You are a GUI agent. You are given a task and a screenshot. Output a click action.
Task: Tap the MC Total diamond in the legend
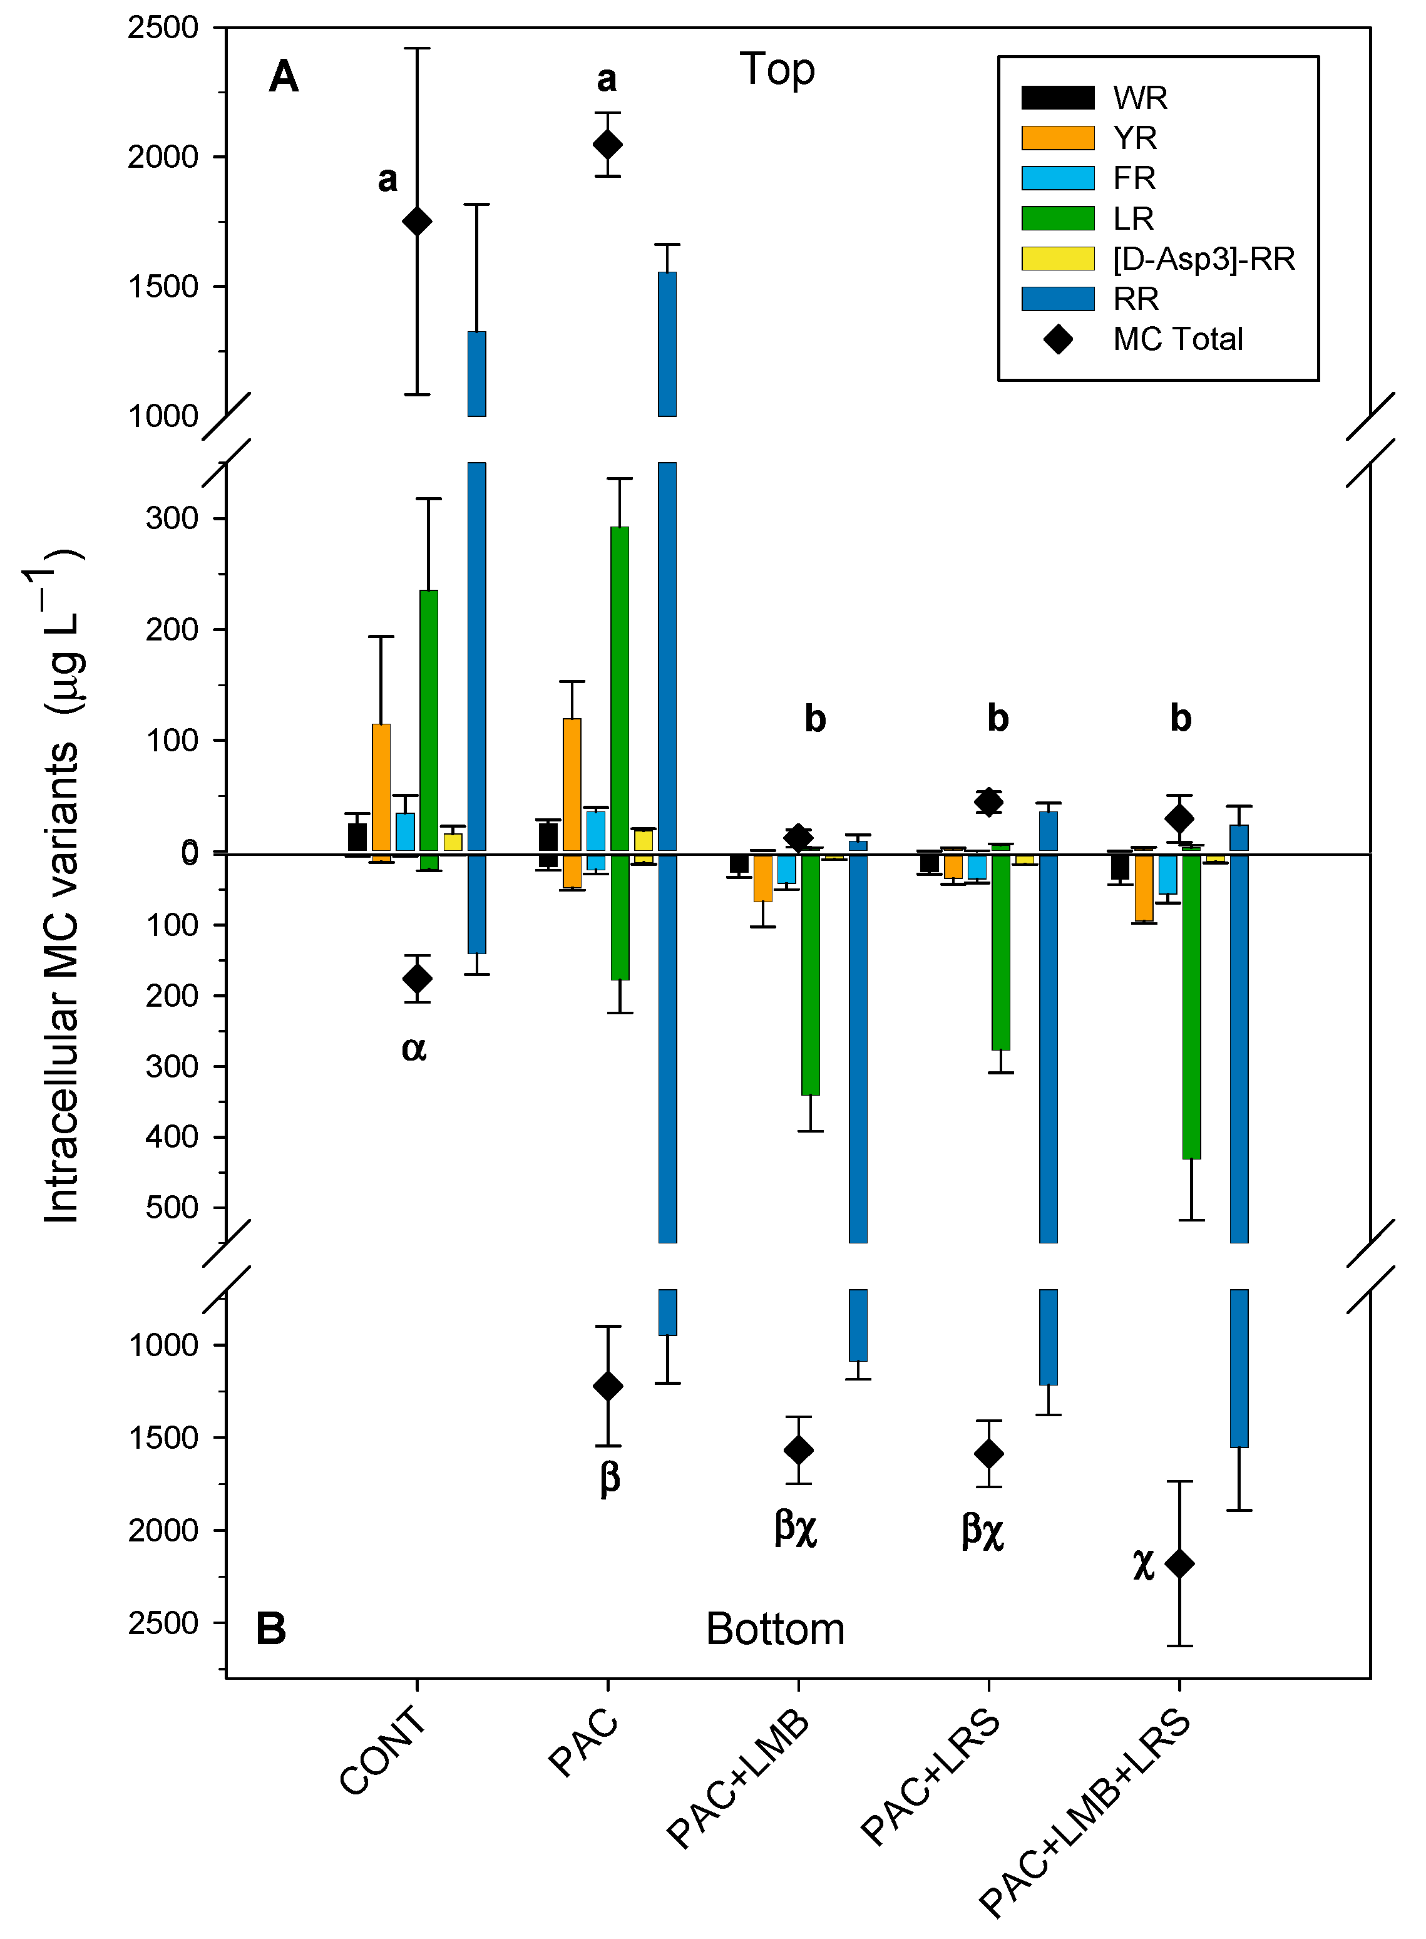1057,339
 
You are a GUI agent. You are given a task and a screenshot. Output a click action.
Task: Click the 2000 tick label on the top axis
163,157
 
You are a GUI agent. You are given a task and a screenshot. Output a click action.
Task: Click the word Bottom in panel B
774,1629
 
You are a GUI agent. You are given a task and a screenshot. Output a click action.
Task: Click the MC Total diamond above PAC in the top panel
608,144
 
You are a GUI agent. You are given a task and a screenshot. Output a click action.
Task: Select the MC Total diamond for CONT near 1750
417,222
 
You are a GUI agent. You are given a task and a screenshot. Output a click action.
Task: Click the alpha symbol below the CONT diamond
414,1049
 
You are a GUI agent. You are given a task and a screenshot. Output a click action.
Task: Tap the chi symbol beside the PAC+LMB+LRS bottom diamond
1143,1565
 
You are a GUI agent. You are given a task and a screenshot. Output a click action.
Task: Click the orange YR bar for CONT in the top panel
381,788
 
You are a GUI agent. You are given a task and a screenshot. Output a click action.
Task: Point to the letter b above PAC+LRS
998,718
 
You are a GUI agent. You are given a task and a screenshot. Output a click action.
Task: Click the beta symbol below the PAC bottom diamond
610,1478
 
